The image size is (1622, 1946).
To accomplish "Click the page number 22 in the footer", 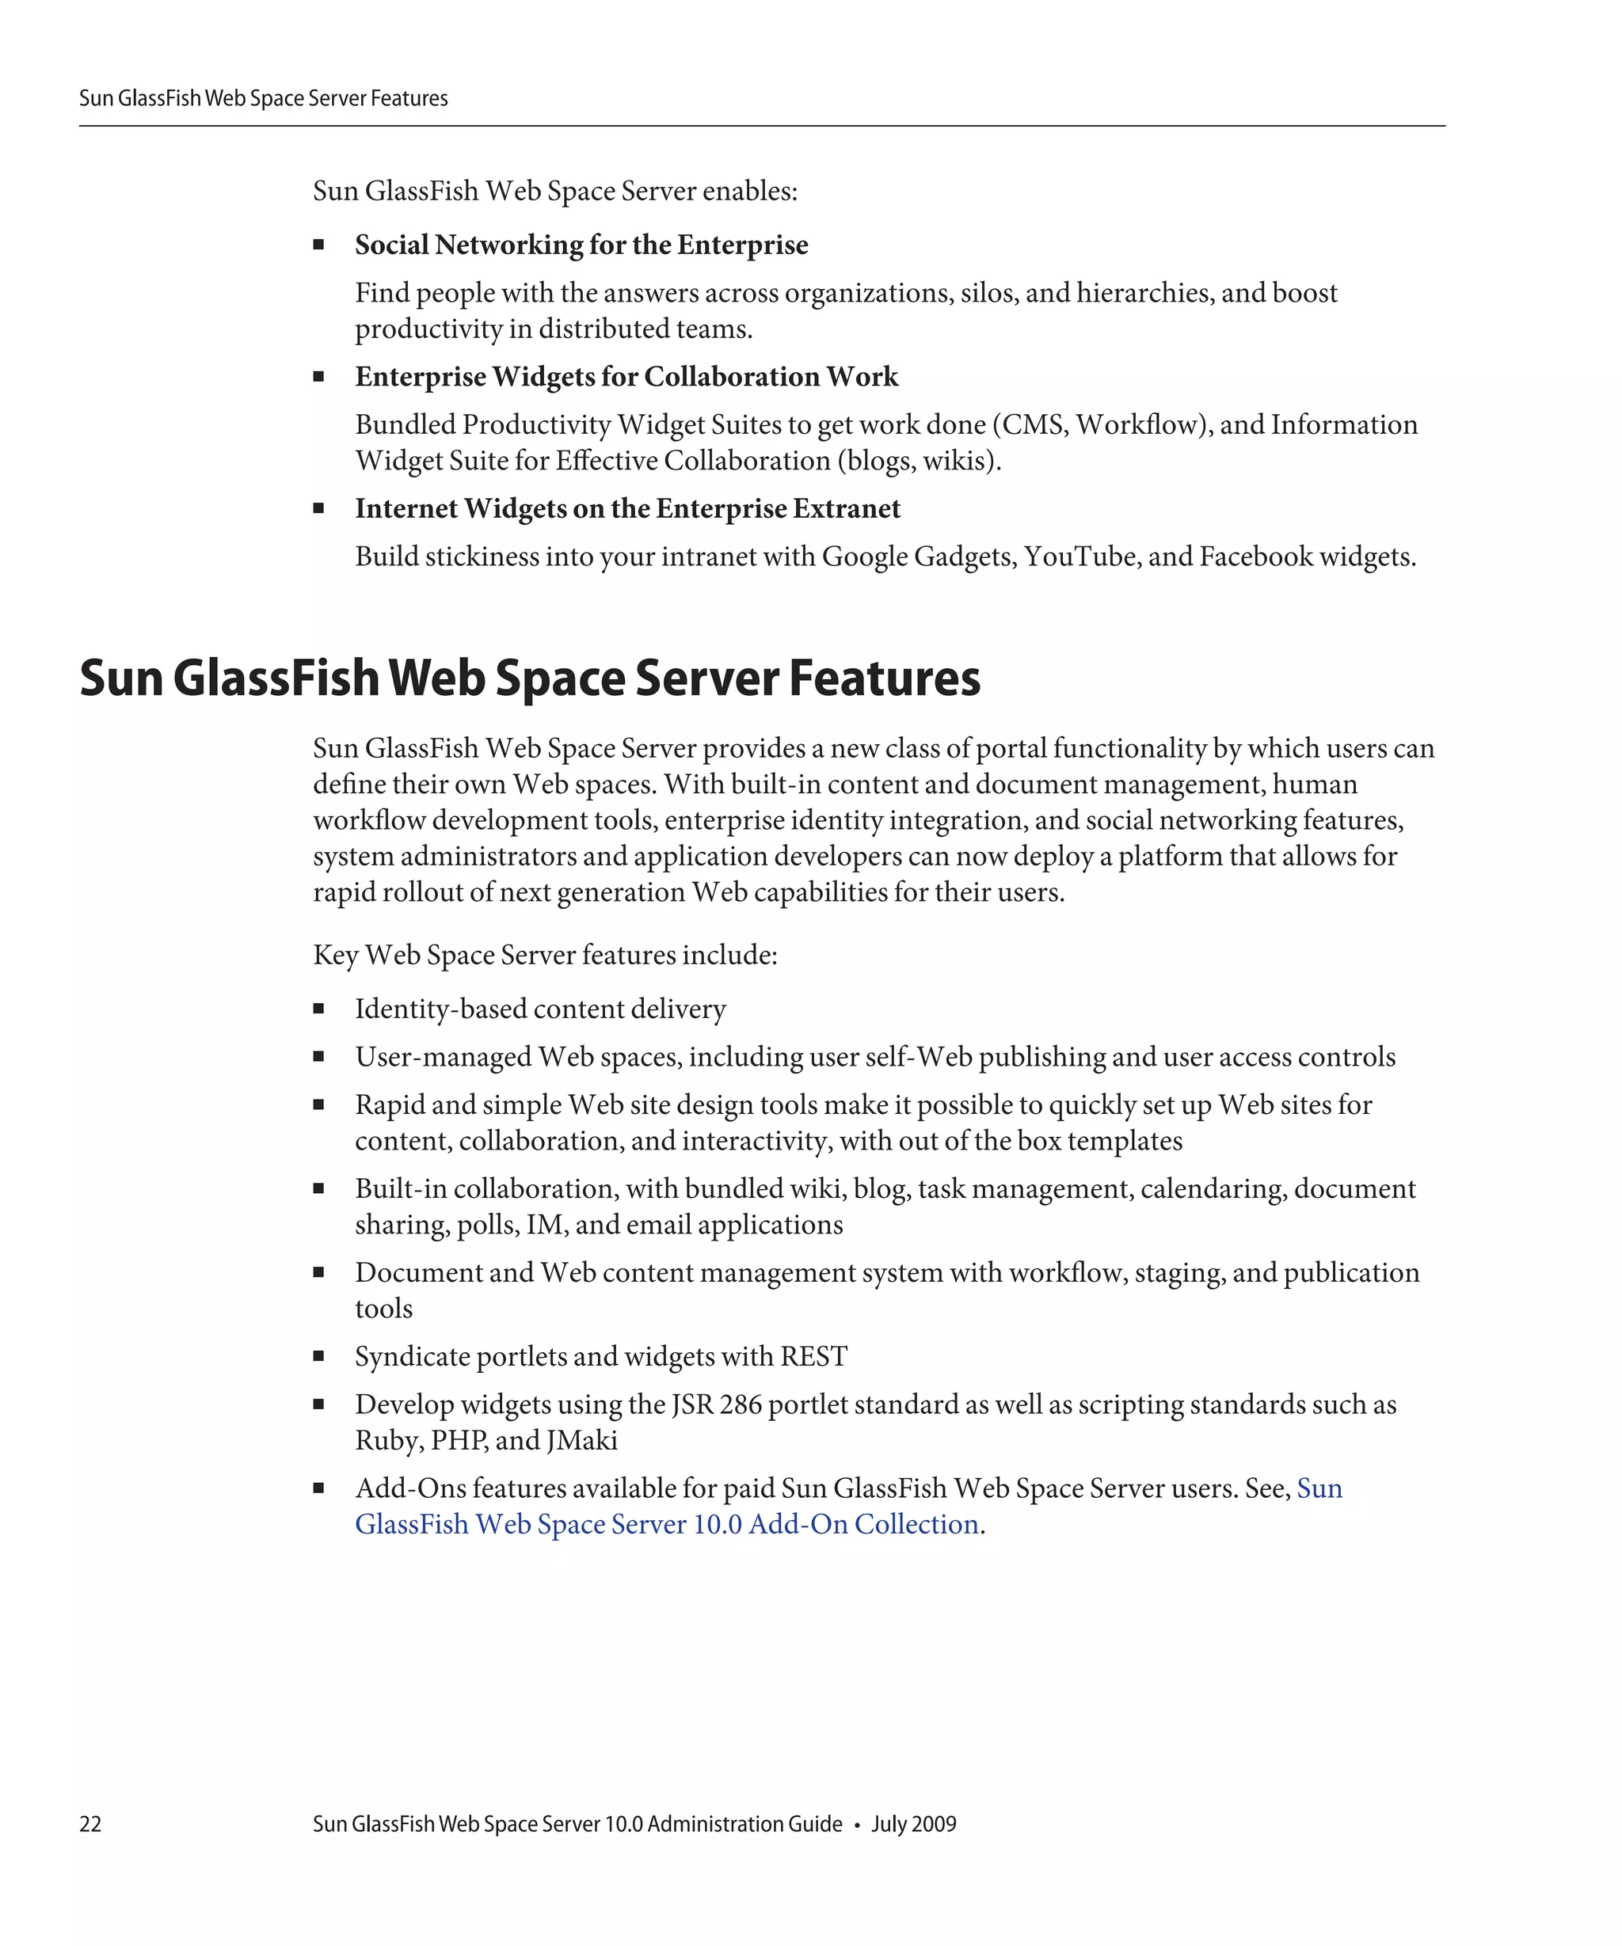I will (x=90, y=1823).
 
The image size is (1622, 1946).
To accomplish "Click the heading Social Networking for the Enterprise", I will (x=581, y=245).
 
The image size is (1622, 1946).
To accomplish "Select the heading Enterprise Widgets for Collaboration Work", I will (x=626, y=376).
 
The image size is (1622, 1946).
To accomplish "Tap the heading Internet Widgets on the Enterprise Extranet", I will (x=626, y=509).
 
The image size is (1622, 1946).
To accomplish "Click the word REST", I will (x=813, y=1357).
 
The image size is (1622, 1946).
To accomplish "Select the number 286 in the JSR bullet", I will (x=740, y=1404).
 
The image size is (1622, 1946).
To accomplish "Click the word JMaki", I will (x=581, y=1440).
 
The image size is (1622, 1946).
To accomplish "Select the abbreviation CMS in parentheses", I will (x=1034, y=424).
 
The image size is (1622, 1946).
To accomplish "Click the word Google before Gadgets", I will (x=864, y=556).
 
